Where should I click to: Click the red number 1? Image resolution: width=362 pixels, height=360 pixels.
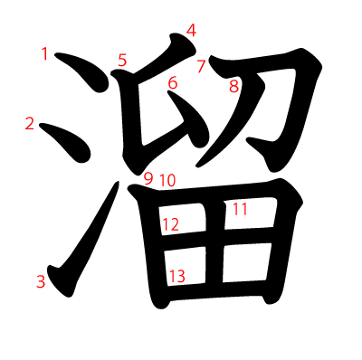pyautogui.click(x=45, y=54)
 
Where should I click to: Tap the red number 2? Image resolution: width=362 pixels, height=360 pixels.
pyautogui.click(x=30, y=124)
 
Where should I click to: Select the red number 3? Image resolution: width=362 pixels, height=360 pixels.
pyautogui.click(x=41, y=281)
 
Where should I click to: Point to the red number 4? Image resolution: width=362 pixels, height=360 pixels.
pyautogui.click(x=191, y=30)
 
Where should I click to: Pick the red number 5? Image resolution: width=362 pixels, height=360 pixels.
pyautogui.click(x=122, y=61)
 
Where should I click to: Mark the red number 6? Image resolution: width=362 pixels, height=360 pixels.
pyautogui.click(x=172, y=84)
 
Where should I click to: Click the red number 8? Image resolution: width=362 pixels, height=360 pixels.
pyautogui.click(x=233, y=87)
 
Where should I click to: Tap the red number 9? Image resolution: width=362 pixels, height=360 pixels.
pyautogui.click(x=148, y=178)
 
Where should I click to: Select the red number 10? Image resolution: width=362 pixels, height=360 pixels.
pyautogui.click(x=167, y=180)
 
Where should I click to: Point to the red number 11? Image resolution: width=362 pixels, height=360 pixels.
pyautogui.click(x=240, y=210)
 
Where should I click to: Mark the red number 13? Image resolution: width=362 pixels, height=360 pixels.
pyautogui.click(x=176, y=276)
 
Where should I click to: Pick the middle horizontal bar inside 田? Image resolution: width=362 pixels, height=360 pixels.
pyautogui.click(x=217, y=237)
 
